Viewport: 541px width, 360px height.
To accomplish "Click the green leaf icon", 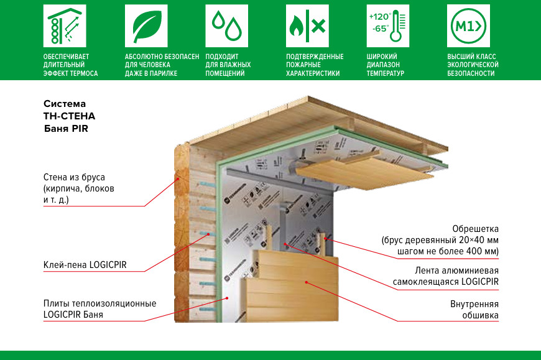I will click(x=146, y=26).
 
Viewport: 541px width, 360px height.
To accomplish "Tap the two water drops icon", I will click(x=226, y=26).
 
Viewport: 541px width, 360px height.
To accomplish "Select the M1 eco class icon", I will click(x=469, y=26).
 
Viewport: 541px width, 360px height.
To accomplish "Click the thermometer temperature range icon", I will click(x=388, y=26).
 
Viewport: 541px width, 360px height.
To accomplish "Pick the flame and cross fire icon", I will click(x=307, y=26).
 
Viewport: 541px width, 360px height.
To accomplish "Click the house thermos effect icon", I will click(x=64, y=26).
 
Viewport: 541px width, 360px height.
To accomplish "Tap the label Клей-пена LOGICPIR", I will click(x=85, y=265).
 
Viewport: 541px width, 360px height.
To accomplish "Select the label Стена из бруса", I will click(x=79, y=188).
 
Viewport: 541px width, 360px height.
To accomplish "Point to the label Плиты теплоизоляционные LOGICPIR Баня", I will click(x=99, y=309).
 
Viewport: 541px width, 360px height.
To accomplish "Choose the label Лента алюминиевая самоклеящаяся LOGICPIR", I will click(x=456, y=276).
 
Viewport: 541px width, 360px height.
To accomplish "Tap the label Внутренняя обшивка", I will click(x=474, y=310).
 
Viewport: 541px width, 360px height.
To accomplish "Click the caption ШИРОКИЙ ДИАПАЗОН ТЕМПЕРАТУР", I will click(x=386, y=65).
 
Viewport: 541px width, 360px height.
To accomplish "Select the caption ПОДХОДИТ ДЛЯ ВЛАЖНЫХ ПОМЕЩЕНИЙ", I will click(x=228, y=65).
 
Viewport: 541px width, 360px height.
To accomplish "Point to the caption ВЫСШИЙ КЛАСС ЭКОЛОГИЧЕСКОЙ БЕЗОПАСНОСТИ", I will click(x=473, y=65).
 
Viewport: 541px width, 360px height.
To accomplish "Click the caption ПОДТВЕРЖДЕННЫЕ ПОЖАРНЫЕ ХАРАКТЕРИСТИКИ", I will click(x=315, y=65).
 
